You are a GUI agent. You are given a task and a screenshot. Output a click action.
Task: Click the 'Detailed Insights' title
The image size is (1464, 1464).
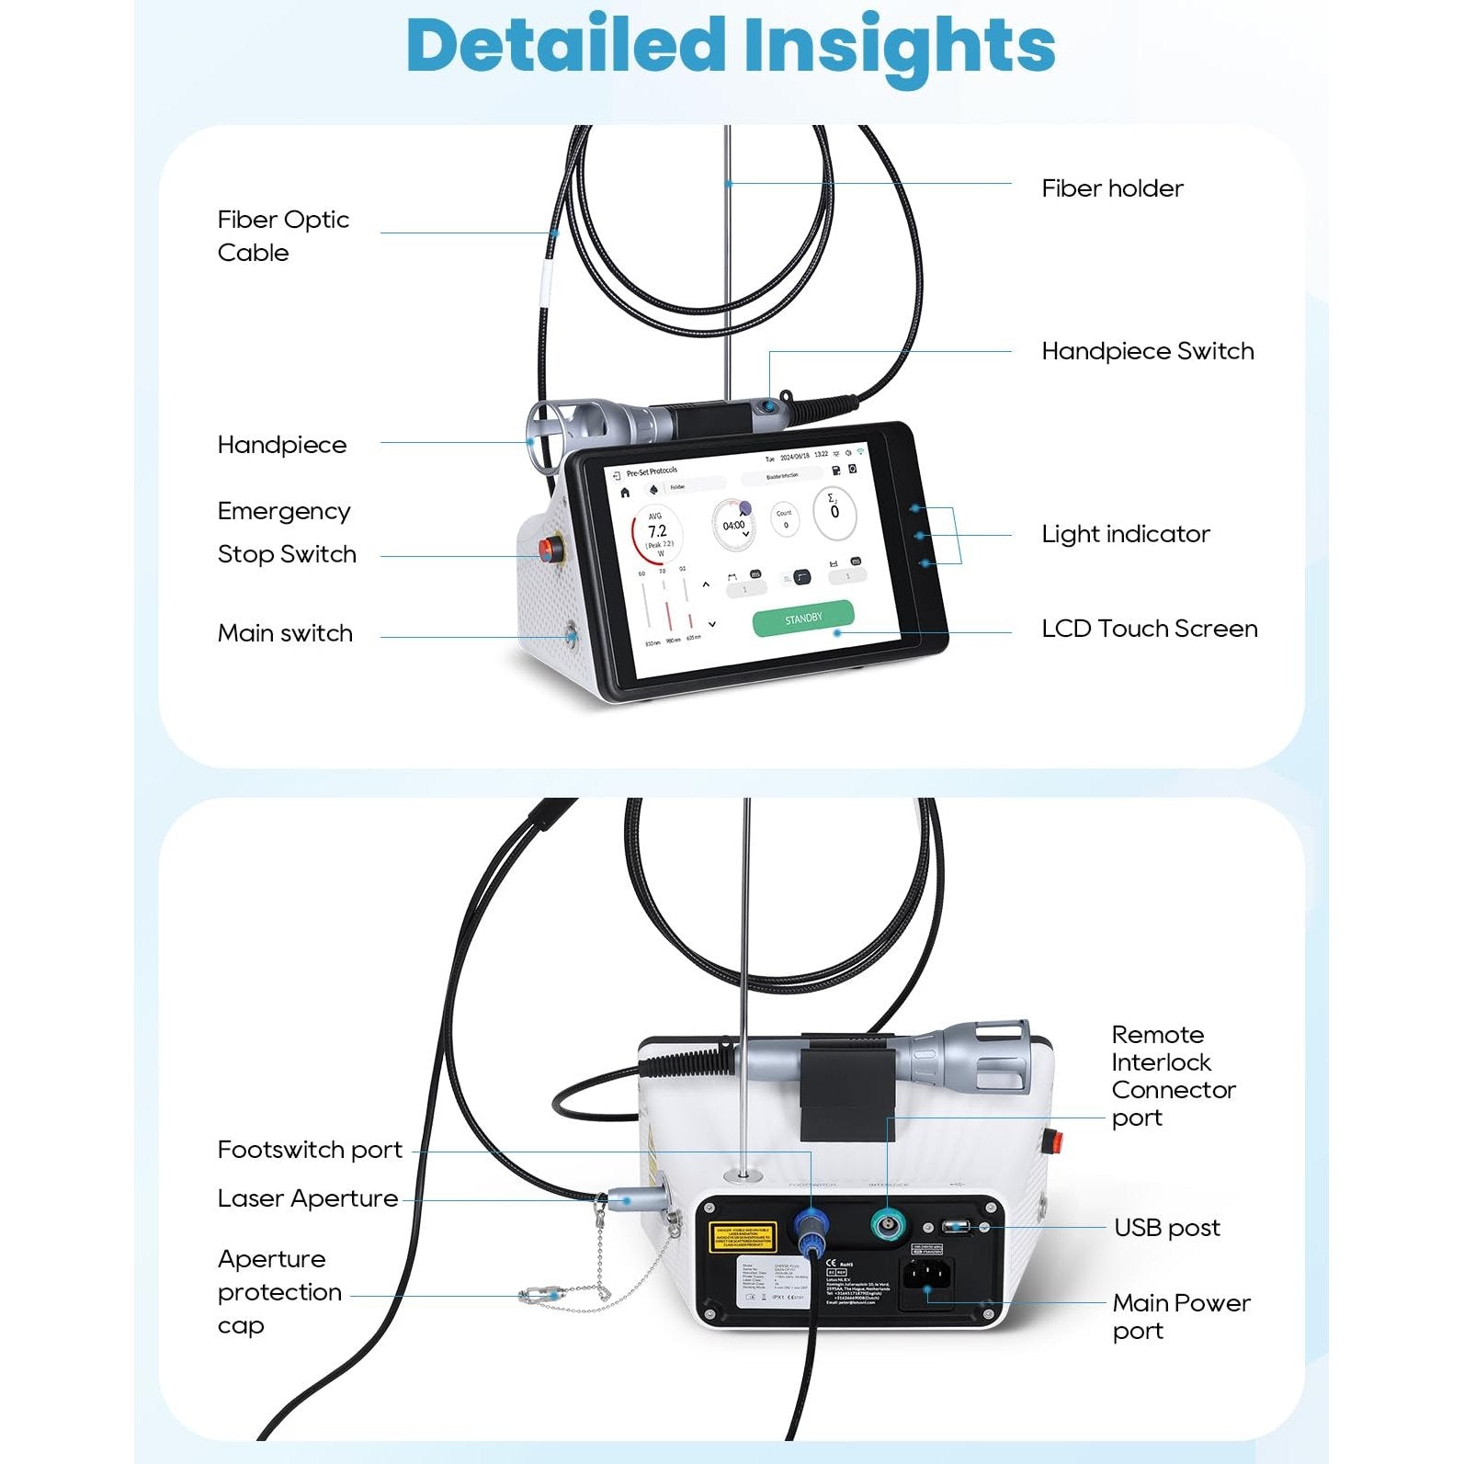click(731, 46)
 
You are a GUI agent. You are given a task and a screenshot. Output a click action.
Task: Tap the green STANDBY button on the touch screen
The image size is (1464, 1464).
click(803, 619)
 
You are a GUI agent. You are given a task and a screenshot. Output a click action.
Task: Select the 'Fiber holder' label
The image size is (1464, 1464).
click(1111, 188)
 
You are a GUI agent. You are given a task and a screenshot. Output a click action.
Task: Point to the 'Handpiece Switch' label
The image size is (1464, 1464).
click(1147, 351)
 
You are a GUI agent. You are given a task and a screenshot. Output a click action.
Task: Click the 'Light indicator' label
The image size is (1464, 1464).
click(1125, 534)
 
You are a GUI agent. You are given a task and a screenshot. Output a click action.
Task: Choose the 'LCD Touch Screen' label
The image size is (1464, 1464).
click(1149, 629)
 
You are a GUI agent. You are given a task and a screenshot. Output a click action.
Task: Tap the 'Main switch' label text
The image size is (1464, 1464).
click(285, 633)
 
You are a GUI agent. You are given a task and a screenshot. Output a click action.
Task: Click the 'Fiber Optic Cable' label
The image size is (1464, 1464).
click(283, 235)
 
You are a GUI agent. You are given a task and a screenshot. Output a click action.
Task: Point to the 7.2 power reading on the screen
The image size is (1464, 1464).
click(657, 532)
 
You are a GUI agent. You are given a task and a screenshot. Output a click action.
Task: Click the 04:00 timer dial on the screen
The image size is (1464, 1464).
click(733, 526)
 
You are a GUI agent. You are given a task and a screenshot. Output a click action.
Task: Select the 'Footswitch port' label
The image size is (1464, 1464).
click(310, 1150)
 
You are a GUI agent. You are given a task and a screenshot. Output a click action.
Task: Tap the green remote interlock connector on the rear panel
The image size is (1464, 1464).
click(888, 1225)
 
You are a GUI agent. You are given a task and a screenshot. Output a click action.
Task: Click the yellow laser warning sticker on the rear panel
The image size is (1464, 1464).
click(743, 1238)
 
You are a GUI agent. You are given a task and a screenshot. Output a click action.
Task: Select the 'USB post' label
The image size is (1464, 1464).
click(1166, 1228)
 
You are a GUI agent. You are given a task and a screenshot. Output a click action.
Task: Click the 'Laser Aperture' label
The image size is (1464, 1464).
click(307, 1198)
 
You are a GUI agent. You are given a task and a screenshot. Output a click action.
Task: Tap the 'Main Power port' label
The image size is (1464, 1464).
click(1180, 1316)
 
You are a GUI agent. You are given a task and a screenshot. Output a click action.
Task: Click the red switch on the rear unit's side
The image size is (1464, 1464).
click(1056, 1142)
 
